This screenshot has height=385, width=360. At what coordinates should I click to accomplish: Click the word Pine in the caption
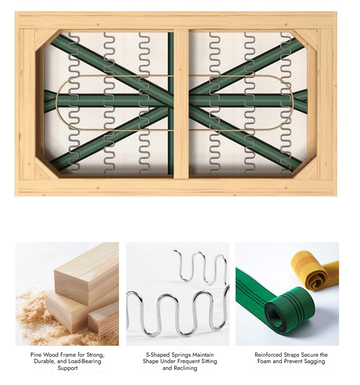click(x=35, y=355)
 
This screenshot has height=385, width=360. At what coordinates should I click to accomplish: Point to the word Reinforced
click(x=268, y=355)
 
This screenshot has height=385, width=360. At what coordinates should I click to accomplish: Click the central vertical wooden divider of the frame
click(x=181, y=104)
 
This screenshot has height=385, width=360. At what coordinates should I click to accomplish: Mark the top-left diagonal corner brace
click(x=46, y=39)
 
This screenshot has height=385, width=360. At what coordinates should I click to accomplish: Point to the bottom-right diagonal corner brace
click(x=306, y=167)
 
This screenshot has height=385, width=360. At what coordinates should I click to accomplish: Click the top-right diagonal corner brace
click(x=305, y=40)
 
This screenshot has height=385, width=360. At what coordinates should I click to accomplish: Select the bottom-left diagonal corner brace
click(x=47, y=168)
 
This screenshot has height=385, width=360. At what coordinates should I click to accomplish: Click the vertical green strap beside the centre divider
click(x=171, y=103)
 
